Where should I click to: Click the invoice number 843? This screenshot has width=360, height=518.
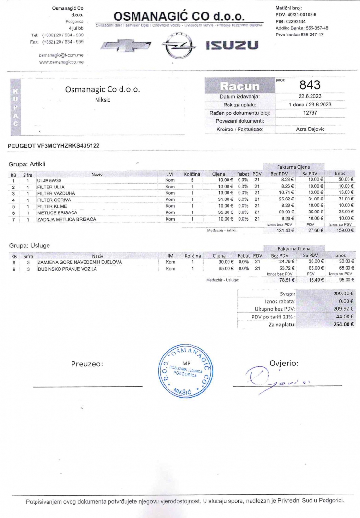310,85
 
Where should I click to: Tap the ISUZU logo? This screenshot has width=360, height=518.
232,46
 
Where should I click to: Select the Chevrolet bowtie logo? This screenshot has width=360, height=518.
124,46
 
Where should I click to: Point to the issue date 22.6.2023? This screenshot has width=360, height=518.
310,96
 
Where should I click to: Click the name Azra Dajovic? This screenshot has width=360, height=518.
310,129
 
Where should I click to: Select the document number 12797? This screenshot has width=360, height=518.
310,113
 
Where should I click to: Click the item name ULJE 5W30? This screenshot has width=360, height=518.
49,180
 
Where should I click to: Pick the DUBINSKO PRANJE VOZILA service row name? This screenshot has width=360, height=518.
67,269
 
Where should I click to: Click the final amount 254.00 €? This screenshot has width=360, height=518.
343,324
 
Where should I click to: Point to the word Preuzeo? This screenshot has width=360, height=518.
87,364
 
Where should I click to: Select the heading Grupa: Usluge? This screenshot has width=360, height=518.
29,246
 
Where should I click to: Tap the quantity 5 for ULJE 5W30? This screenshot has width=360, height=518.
192,180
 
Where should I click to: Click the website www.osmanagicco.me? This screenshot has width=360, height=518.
61,62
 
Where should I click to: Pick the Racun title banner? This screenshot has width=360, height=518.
239,86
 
